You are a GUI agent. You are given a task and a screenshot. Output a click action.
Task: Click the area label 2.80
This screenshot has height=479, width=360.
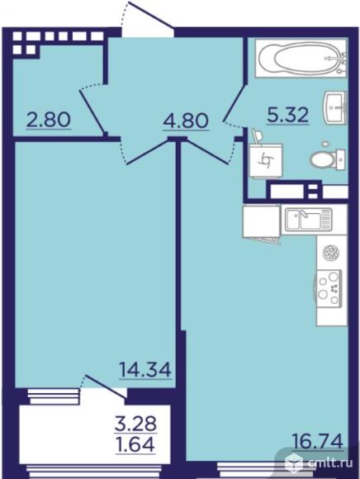[x=49, y=120]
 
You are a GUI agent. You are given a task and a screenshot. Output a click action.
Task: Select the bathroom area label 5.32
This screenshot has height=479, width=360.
[x=288, y=116]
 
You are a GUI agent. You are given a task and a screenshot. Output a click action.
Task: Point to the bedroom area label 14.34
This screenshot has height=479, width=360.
[x=145, y=370]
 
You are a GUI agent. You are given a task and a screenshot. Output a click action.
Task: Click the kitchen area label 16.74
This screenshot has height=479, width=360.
[x=318, y=441]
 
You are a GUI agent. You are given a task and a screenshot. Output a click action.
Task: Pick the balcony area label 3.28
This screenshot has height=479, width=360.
[x=136, y=424]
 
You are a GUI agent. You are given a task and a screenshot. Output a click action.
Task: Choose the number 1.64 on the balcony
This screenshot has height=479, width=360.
[x=135, y=444]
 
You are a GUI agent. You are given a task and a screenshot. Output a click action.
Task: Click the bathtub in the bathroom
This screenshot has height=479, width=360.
[x=301, y=58]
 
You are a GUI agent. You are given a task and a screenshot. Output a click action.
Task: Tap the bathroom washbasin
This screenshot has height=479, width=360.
[x=335, y=107]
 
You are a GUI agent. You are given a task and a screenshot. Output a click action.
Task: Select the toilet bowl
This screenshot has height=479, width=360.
[x=327, y=159]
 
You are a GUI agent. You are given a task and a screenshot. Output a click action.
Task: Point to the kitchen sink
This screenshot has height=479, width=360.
[x=309, y=220]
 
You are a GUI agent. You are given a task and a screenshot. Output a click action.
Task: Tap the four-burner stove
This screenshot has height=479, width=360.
[x=329, y=287]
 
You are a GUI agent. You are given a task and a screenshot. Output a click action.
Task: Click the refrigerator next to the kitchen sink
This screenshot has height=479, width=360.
[x=262, y=221]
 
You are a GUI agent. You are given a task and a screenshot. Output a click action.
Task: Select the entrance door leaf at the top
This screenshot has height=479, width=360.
[x=151, y=16]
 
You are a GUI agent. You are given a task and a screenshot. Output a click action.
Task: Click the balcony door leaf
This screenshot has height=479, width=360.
[x=105, y=387]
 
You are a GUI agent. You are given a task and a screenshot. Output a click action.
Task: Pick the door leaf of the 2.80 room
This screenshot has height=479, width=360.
[x=92, y=111]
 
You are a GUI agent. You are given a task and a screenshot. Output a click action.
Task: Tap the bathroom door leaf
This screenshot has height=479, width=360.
[x=234, y=102]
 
